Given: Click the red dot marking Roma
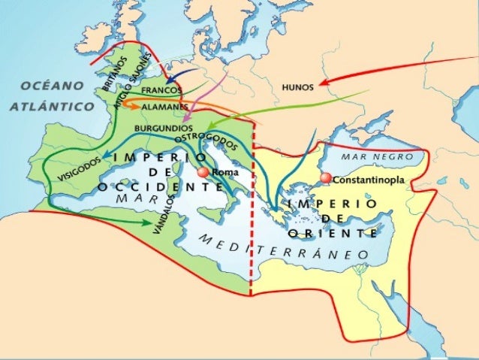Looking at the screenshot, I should click(203, 173).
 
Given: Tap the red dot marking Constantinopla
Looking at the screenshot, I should click(325, 178).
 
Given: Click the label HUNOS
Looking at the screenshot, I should click(297, 87).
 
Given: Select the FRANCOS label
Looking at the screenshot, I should click(161, 90).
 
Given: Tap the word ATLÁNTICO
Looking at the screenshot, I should click(47, 107).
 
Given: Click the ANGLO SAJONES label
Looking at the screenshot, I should click(133, 79).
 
